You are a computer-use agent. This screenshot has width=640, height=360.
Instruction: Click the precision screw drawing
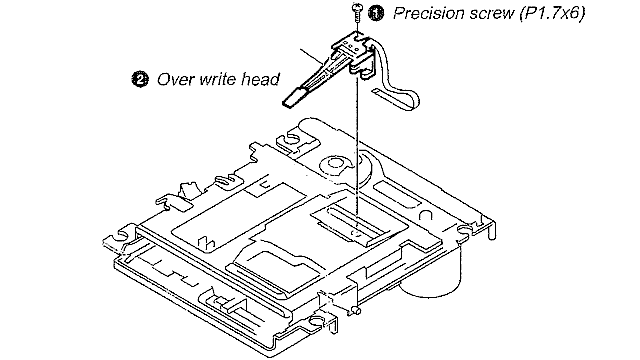pos(356,12)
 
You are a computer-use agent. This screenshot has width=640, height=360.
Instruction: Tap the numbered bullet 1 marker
pos(376,13)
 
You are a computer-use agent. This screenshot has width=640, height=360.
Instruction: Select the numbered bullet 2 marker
pos(140,79)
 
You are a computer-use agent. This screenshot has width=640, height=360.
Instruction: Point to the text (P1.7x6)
pos(552,13)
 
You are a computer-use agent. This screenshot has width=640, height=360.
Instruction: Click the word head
pos(260,79)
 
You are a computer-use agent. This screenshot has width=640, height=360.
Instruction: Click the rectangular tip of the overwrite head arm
pos(292,97)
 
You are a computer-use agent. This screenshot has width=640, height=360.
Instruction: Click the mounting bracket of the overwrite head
pos(355,52)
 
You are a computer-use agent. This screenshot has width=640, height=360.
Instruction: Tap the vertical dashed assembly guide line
pos(358,155)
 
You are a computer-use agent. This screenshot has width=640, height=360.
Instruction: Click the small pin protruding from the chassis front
pos(356,311)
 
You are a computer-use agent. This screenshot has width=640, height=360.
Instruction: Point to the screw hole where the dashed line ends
pos(356,234)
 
